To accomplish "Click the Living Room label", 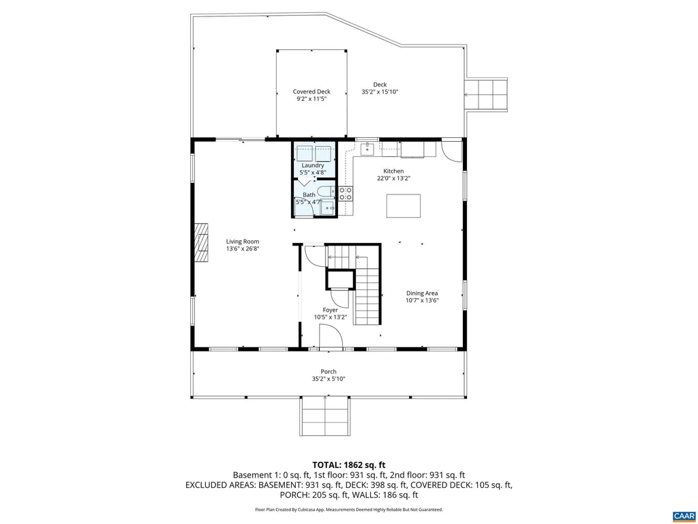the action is [x=243, y=242].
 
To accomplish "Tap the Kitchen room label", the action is [x=393, y=171].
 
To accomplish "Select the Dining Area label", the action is [x=421, y=293].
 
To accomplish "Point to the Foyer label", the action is [x=331, y=310].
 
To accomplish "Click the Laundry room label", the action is [x=312, y=165].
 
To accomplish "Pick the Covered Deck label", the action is [x=312, y=92].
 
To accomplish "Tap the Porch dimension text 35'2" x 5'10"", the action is [x=329, y=379].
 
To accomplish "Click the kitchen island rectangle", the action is [x=404, y=206].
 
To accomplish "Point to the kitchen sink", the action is [x=367, y=148].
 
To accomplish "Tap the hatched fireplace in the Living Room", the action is [x=201, y=243].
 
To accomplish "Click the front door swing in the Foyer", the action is [x=331, y=336].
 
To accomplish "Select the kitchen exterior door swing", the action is [x=452, y=151].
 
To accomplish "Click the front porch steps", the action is [x=325, y=416].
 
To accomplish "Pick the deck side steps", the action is [x=486, y=94].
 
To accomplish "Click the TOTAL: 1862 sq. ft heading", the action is [x=349, y=465].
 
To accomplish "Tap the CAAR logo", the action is [x=684, y=516].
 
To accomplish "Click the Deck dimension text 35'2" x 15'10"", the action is [x=380, y=92].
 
